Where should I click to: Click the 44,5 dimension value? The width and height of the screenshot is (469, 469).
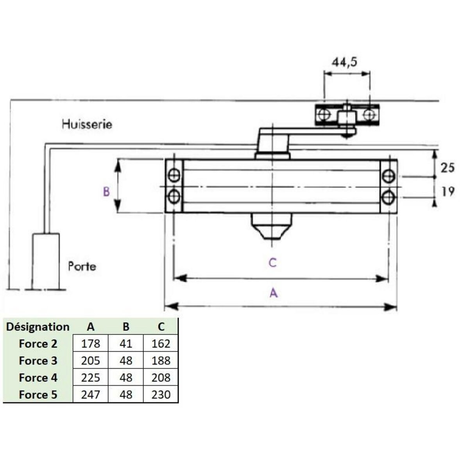pos(345,62)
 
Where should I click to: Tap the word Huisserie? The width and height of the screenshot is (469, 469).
pos(87,124)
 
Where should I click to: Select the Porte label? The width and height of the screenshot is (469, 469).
pos(82,266)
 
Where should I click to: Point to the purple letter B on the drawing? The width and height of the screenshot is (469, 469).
pos(106,192)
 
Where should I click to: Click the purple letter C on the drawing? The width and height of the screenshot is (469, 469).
pos(272,263)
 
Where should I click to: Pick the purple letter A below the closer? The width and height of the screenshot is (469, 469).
pos(274,293)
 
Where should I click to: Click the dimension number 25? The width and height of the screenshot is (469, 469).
pos(448,168)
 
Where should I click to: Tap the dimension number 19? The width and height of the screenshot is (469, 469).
pos(448,192)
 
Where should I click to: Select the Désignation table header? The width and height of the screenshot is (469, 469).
pos(38,327)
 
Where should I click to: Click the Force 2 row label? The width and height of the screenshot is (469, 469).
pos(38,344)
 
